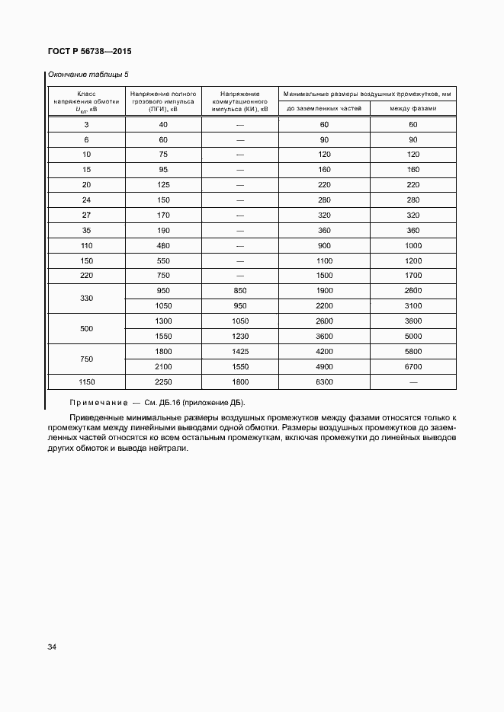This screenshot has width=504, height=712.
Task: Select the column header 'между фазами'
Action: [413, 109]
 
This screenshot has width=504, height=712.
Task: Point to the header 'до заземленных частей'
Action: [324, 109]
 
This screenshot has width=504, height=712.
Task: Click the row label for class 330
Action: [86, 299]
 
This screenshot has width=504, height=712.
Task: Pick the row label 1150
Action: [86, 381]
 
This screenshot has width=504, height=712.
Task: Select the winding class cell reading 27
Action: [86, 215]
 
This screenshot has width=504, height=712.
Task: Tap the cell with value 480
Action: [163, 245]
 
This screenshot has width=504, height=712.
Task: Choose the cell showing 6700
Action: [413, 366]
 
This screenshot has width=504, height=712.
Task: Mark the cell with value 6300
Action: [324, 382]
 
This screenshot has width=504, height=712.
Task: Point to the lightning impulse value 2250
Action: [163, 382]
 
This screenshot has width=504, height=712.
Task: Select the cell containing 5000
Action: [413, 336]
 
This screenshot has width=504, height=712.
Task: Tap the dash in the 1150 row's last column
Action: [413, 382]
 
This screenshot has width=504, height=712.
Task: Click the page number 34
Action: [52, 647]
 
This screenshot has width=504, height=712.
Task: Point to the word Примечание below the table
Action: [98, 402]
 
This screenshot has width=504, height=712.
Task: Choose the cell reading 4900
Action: [324, 366]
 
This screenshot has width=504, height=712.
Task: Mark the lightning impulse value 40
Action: [163, 124]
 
